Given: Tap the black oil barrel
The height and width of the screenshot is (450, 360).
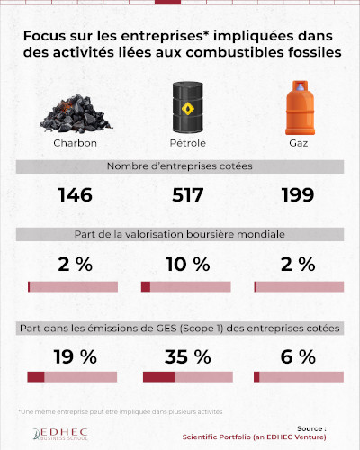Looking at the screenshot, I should [187, 108].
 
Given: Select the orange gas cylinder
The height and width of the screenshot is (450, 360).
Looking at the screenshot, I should [299, 108].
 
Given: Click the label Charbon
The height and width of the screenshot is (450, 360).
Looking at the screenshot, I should [75, 144].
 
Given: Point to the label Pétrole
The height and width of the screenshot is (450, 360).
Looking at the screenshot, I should [187, 144].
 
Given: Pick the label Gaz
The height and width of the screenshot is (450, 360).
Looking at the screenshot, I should [299, 144].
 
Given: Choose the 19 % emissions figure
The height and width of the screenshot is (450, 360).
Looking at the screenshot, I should [75, 355].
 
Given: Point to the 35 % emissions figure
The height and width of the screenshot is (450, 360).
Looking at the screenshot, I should [187, 355].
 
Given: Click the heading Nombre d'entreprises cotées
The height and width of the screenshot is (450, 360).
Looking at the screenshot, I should [180, 167].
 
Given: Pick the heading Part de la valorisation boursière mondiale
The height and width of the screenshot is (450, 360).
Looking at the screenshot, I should [180, 234].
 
